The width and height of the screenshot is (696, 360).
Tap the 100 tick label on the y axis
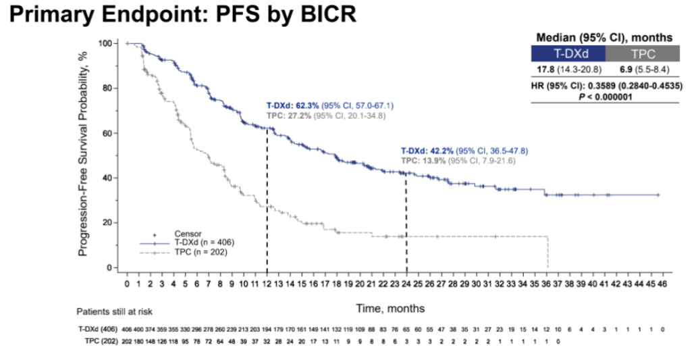(x=105, y=43)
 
